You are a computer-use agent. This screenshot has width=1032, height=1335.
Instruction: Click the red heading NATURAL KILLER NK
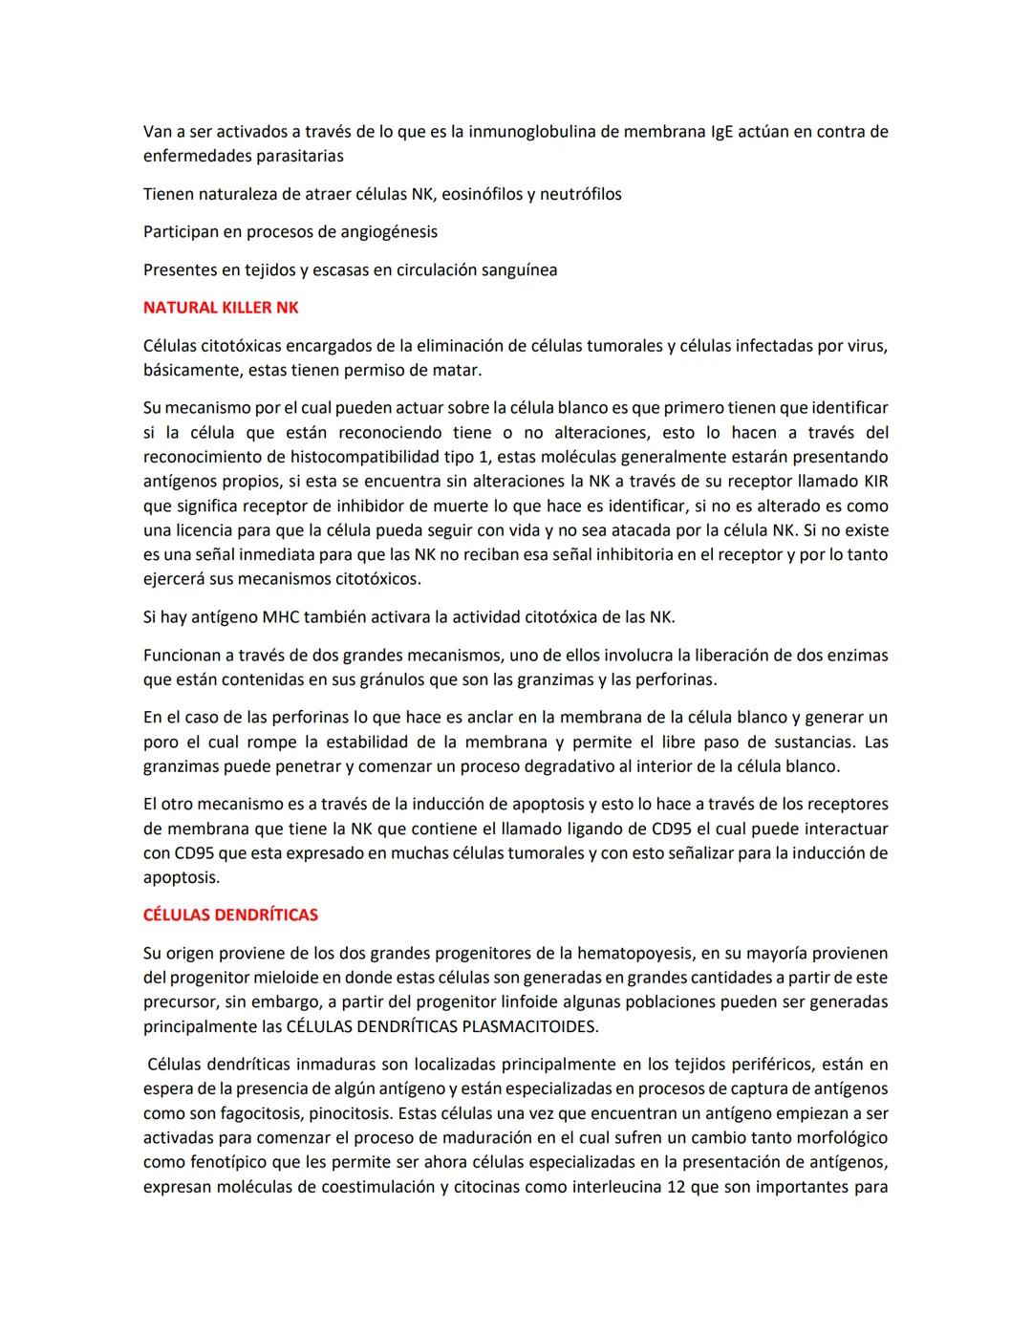221,308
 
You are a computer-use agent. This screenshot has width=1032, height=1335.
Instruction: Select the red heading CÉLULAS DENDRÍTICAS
230,915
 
